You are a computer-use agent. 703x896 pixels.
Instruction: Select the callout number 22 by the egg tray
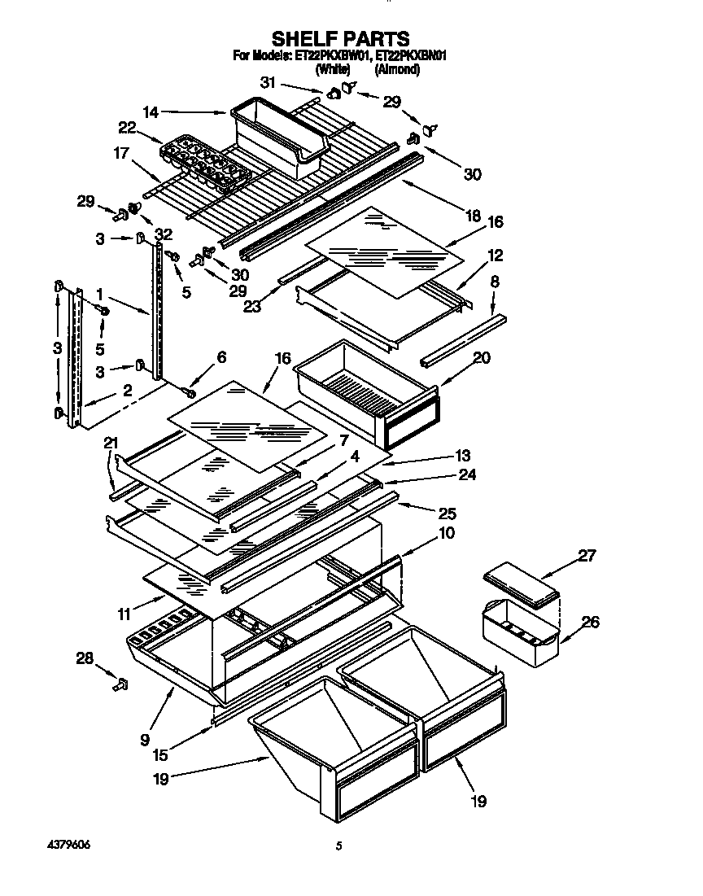tap(127, 128)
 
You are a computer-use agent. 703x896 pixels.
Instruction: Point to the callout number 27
tap(587, 557)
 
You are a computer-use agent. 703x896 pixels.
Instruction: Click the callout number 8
tap(495, 282)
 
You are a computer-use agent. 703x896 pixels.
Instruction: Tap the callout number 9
tap(144, 740)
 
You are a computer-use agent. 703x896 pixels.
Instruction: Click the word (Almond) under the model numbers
tap(397, 70)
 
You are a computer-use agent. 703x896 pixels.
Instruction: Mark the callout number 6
tap(221, 357)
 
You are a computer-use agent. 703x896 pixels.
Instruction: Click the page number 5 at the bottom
tap(340, 846)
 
